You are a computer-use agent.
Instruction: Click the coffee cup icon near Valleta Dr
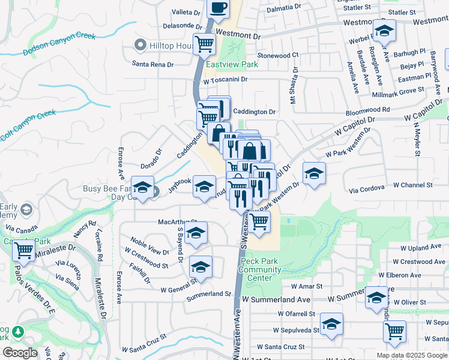click(x=218, y=8)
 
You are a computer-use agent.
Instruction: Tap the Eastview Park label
click(x=232, y=64)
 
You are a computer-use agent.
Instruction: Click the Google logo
click(x=20, y=353)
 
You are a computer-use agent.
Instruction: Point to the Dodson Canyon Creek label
click(x=59, y=44)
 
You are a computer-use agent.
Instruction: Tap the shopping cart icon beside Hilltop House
click(x=205, y=43)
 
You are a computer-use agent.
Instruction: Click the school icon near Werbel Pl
click(x=384, y=31)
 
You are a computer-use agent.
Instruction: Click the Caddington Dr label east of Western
click(x=254, y=112)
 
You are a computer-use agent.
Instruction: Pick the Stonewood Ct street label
click(x=278, y=55)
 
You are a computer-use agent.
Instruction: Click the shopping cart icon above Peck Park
click(x=259, y=221)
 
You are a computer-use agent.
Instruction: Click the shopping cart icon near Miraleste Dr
click(x=23, y=250)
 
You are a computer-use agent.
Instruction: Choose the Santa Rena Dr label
click(x=153, y=64)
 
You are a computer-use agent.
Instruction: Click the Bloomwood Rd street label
click(x=368, y=110)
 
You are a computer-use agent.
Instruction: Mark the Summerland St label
click(x=208, y=294)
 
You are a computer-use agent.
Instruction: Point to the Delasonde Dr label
click(x=183, y=26)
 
